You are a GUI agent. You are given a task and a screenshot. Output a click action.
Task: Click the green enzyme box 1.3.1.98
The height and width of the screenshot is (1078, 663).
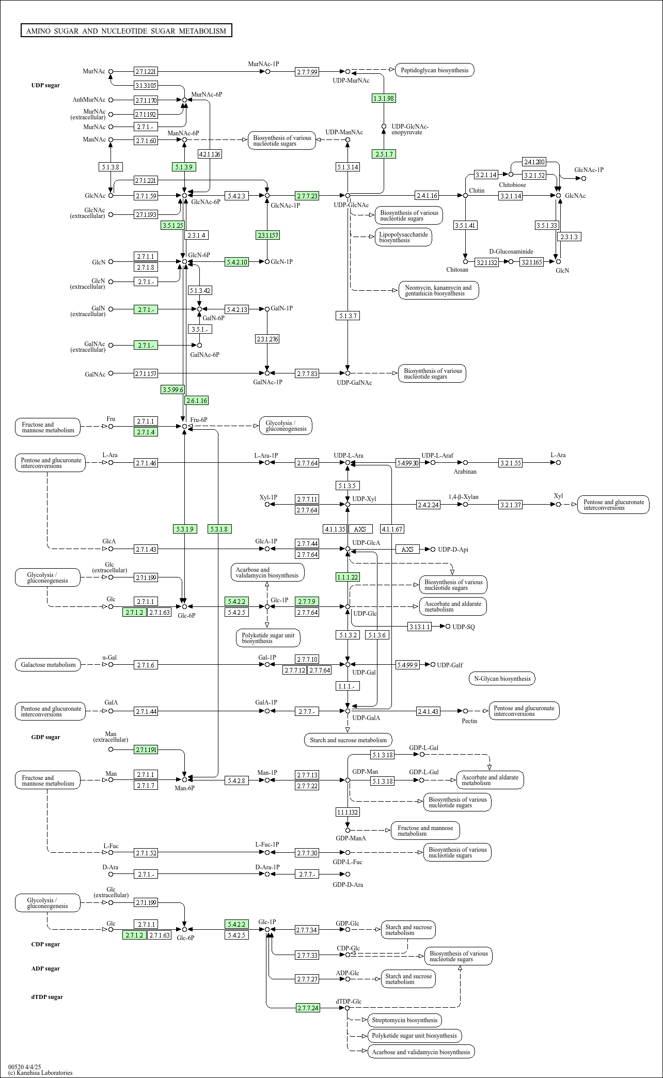384,98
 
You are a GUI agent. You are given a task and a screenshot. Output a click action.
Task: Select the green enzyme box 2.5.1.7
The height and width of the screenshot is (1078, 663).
384,154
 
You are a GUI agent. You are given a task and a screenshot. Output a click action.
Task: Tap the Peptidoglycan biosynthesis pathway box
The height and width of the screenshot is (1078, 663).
434,70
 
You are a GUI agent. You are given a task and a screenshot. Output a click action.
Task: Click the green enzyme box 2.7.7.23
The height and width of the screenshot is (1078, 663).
307,196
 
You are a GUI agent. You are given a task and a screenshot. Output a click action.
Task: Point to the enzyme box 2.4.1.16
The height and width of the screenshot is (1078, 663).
427,195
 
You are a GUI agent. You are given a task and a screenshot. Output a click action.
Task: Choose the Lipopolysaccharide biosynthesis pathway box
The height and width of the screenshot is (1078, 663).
403,237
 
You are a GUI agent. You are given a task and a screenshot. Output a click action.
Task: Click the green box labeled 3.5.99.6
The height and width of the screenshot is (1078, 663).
172,389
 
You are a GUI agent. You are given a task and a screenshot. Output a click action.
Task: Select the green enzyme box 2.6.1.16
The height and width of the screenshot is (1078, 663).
197,400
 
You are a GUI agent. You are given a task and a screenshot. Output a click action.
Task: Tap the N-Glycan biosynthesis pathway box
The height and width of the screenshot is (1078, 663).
502,679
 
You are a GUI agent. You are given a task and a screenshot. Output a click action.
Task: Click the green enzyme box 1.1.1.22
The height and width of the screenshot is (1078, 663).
348,577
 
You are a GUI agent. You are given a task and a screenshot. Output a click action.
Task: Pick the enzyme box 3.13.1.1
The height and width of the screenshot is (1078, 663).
419,627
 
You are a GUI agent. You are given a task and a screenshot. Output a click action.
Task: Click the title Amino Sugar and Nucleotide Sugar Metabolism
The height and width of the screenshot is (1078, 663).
126,31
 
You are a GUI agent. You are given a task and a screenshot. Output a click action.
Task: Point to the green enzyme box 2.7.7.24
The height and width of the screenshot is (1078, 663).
308,1008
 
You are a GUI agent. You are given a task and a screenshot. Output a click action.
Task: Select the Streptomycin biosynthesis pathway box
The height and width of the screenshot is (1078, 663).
404,1020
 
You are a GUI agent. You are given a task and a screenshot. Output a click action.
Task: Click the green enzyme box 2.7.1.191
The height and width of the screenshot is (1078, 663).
146,749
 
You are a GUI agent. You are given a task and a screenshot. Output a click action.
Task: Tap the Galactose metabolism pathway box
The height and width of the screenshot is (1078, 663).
48,665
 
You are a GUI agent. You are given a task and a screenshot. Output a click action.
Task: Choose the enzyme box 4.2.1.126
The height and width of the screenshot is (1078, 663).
210,154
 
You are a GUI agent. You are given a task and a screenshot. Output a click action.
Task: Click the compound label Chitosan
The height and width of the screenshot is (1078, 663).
457,270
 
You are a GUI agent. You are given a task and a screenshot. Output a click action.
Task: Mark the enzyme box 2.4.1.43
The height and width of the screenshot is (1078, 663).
428,711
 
